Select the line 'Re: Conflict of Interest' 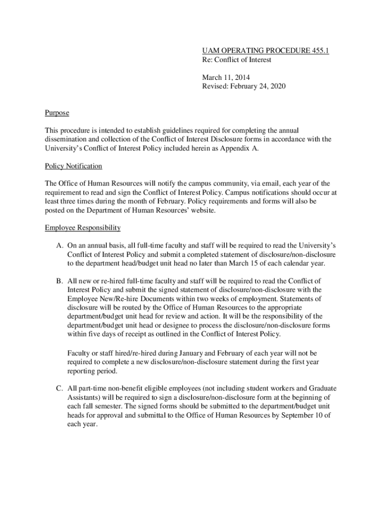[237, 60]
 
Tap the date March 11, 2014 [226, 77]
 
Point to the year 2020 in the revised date [277, 86]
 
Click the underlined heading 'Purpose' [57, 113]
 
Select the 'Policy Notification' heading [73, 166]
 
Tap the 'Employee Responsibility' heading [82, 228]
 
